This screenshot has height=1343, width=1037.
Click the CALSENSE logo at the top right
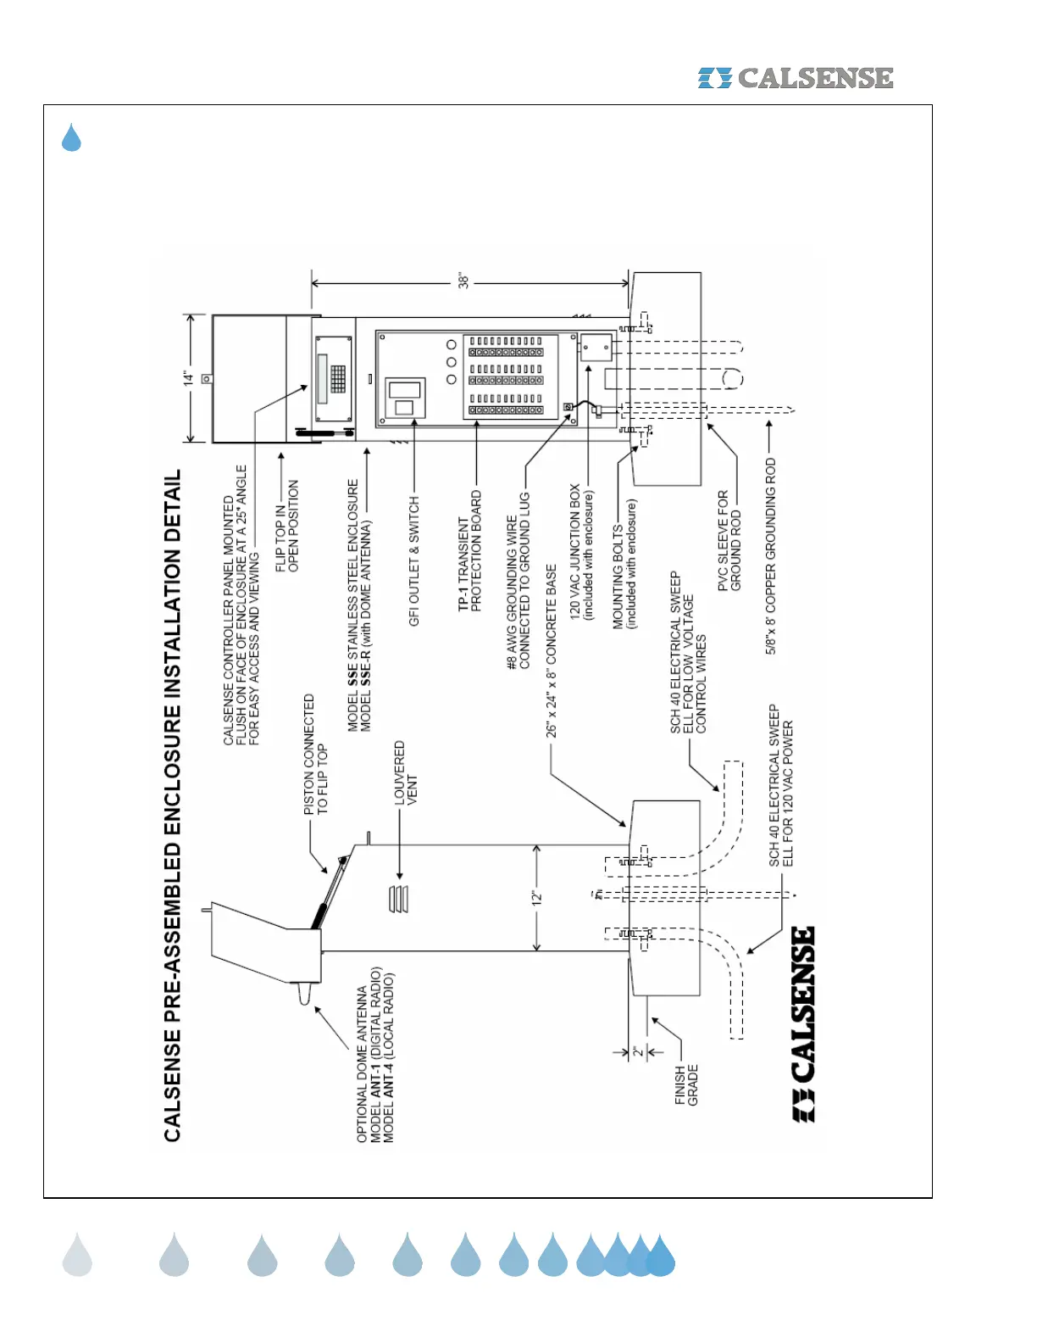796,78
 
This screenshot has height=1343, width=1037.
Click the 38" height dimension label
463,281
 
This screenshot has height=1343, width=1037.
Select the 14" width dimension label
188,378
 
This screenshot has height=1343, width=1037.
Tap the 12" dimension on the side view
536,897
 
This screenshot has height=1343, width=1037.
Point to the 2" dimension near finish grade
637,1053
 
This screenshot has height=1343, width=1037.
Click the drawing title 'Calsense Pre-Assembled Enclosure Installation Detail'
173,805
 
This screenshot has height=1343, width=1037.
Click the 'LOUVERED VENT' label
406,773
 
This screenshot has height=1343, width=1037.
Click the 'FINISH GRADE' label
686,1085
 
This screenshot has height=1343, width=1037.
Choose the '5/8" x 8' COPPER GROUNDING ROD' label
771,556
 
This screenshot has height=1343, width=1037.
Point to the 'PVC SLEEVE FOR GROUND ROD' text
729,540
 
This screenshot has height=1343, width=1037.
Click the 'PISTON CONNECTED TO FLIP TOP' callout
315,755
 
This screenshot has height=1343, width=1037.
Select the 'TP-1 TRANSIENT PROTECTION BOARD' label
469,551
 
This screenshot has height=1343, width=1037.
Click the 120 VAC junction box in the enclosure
595,347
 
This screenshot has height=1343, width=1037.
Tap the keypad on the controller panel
338,378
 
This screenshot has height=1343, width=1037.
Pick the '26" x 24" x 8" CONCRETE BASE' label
552,651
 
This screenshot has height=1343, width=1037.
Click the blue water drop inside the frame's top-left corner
71,137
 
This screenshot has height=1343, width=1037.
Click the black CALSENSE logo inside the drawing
804,1024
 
